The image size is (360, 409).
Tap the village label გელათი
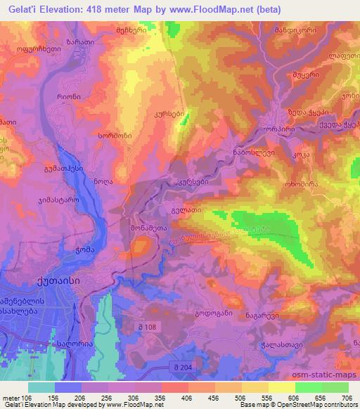186,209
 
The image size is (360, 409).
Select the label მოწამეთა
148,229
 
